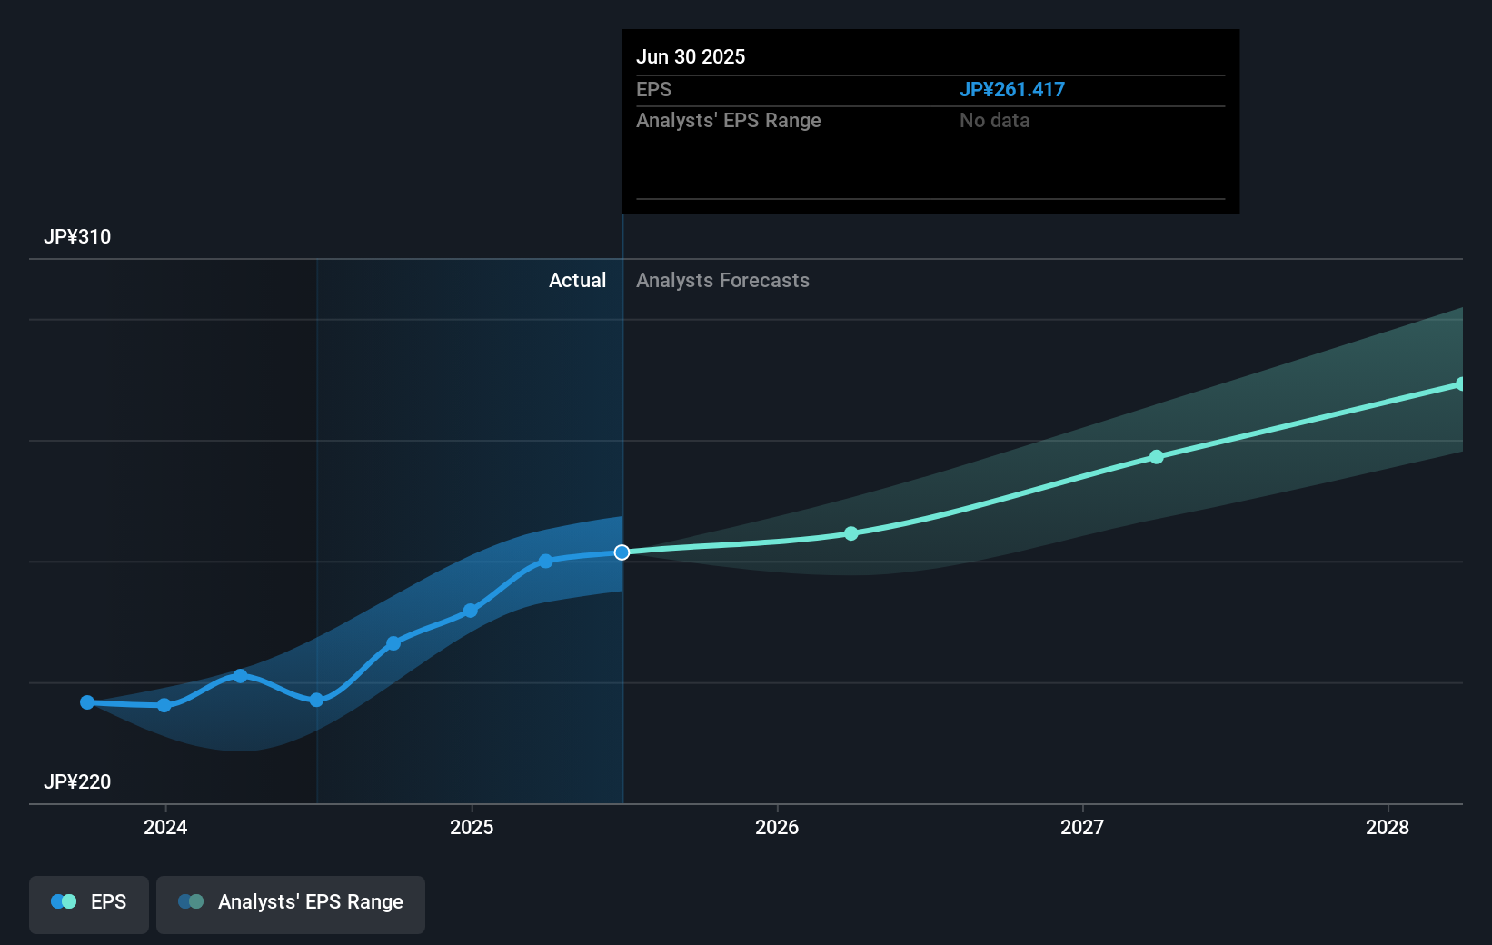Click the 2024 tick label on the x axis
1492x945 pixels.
[x=165, y=827]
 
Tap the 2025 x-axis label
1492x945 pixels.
[x=472, y=827]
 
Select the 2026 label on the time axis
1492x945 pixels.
[x=777, y=827]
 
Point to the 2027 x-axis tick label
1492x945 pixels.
[x=1082, y=827]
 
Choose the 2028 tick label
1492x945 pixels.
[x=1388, y=827]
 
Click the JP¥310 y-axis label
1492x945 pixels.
[x=77, y=237]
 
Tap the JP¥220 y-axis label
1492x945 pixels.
[x=77, y=782]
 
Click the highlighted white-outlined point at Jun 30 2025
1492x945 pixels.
[x=622, y=552]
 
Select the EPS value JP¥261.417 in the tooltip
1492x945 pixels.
[x=1011, y=90]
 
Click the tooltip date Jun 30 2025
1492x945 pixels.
[x=691, y=57]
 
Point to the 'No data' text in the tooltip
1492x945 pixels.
[x=994, y=121]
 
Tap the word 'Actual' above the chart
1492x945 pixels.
[x=577, y=281]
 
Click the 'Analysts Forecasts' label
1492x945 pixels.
[x=722, y=281]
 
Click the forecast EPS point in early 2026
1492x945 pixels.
[x=851, y=533]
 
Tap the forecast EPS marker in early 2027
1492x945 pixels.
[x=1157, y=457]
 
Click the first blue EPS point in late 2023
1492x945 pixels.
[x=87, y=702]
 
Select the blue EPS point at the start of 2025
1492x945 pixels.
[x=471, y=611]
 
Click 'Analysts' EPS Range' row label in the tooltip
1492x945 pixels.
[x=728, y=121]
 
